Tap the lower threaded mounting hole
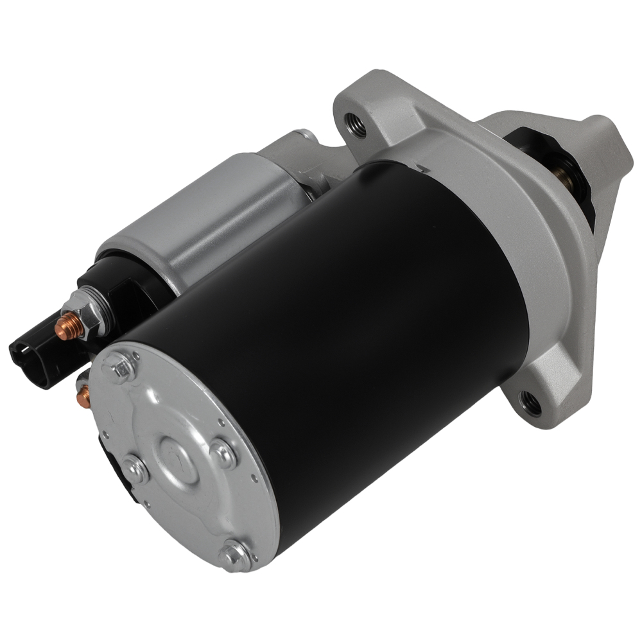[x=531, y=403]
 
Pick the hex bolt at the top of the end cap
[x=121, y=369]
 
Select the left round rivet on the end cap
[x=136, y=470]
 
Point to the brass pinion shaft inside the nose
[x=565, y=177]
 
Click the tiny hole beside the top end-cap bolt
[x=136, y=354]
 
